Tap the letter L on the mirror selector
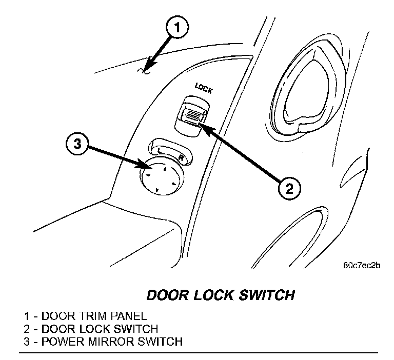coord(160,150)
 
